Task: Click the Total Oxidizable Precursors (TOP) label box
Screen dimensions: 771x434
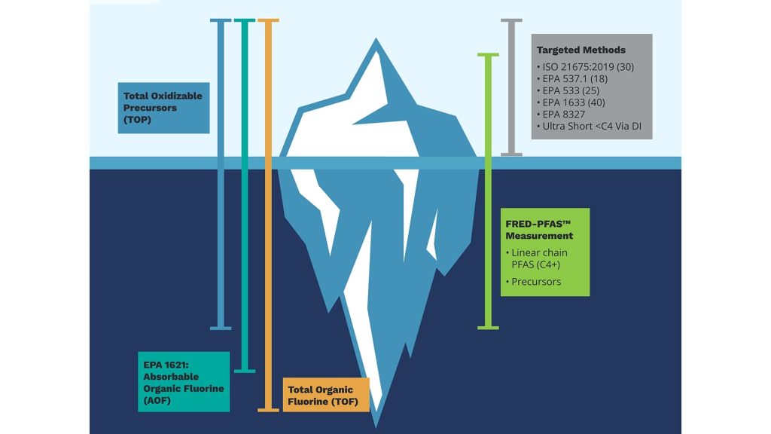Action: coord(163,108)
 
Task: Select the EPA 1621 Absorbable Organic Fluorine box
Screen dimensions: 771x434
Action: coord(184,382)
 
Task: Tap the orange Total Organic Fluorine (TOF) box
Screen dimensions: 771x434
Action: coord(326,395)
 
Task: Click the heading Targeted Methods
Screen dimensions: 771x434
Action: coord(581,50)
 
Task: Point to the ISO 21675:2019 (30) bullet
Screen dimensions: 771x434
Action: coord(585,67)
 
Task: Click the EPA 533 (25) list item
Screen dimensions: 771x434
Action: coord(568,90)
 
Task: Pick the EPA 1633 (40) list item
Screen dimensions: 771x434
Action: coord(571,102)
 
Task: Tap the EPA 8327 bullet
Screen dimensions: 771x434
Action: coord(561,115)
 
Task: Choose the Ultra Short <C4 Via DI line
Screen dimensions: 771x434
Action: coord(589,126)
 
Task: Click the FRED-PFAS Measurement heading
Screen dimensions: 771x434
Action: coord(539,230)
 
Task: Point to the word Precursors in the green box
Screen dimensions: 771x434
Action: coord(536,282)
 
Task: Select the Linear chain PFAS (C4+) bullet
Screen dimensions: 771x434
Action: coord(536,258)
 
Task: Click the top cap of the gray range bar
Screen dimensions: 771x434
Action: coord(511,20)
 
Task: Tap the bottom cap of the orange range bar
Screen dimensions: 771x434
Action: coord(269,409)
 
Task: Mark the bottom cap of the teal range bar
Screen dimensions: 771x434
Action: coord(245,371)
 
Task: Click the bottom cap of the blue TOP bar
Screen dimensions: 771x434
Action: coord(221,328)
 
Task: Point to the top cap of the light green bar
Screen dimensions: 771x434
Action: coord(488,54)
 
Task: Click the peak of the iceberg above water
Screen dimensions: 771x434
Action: coord(376,39)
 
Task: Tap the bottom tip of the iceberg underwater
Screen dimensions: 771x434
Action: coord(376,425)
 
